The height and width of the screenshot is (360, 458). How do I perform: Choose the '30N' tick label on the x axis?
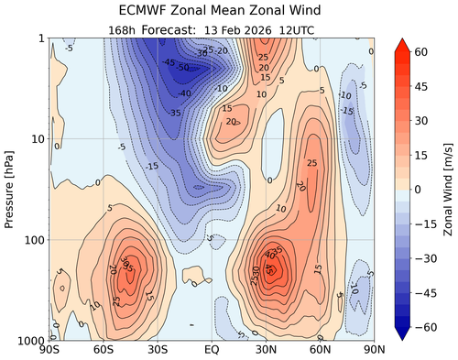pyautogui.click(x=265, y=351)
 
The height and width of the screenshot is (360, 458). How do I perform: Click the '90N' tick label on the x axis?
pyautogui.click(x=372, y=351)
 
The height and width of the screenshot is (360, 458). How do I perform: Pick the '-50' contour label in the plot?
pyautogui.click(x=184, y=67)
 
